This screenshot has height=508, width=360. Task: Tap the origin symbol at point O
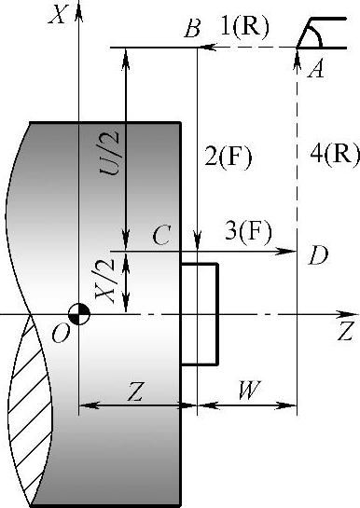click(x=79, y=314)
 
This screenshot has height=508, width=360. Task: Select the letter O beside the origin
click(x=61, y=334)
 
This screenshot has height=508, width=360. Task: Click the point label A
click(x=315, y=70)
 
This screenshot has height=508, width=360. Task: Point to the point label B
click(x=193, y=29)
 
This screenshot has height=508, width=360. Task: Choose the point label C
click(x=161, y=236)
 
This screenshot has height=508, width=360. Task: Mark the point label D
click(x=318, y=255)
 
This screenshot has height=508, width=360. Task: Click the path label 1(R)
click(x=244, y=27)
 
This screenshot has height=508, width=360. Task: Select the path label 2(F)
click(x=228, y=158)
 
